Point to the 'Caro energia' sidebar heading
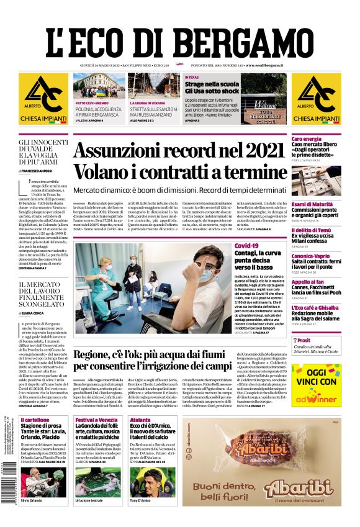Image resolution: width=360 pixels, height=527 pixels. tap(307, 139)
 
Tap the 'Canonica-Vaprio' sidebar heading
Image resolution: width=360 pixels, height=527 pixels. tap(312, 256)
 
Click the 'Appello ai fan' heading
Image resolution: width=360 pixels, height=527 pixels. tap(308, 282)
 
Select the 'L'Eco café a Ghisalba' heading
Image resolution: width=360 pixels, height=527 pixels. tap(316, 307)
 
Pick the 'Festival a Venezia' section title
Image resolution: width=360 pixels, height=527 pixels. tap(96, 420)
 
